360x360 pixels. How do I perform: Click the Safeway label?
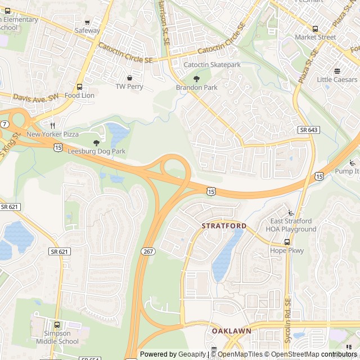(87, 30)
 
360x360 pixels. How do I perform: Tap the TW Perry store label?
(129, 87)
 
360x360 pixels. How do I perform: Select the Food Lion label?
(79, 95)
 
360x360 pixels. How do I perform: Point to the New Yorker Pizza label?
(52, 134)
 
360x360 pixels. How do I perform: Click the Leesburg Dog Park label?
(96, 151)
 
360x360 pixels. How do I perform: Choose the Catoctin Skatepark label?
(212, 65)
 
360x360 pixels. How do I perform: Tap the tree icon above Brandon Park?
(196, 79)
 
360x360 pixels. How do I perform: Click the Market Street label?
(315, 37)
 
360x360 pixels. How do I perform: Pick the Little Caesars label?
(337, 79)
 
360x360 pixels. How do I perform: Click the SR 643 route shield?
(309, 130)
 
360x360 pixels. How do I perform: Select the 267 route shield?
(148, 251)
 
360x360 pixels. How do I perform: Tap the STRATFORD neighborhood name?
(224, 226)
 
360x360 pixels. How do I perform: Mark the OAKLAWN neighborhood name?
(231, 331)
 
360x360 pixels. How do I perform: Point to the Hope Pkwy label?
(287, 250)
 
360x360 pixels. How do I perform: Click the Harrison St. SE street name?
(164, 17)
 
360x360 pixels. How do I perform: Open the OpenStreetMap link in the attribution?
(289, 354)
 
